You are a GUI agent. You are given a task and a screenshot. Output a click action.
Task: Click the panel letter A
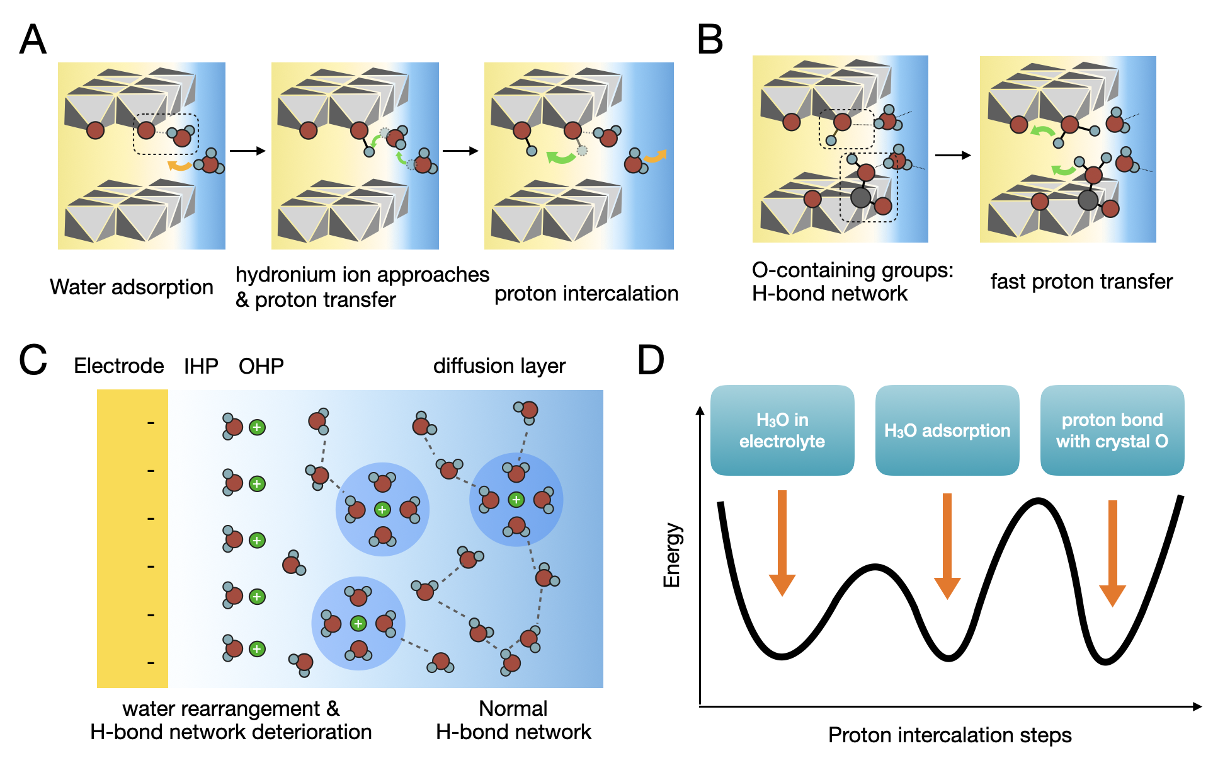[x=33, y=39]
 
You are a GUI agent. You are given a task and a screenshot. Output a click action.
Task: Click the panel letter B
[x=710, y=39]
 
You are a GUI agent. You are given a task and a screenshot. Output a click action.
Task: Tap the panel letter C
[x=33, y=360]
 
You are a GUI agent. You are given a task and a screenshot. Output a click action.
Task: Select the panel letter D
[x=651, y=360]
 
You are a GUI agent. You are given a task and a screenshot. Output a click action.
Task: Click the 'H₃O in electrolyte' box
[x=782, y=430]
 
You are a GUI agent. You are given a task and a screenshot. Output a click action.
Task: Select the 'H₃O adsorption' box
[x=947, y=430]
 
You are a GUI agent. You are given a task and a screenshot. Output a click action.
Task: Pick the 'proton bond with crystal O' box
[x=1112, y=430]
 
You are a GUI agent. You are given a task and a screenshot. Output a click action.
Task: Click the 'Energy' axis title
[x=672, y=555]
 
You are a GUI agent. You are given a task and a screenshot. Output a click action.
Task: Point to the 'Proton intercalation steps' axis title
[x=950, y=735]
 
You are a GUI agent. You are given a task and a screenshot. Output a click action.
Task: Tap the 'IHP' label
[x=201, y=366]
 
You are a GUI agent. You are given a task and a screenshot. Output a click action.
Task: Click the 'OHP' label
[x=261, y=366]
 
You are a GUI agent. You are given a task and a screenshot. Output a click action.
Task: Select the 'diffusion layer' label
[x=499, y=366]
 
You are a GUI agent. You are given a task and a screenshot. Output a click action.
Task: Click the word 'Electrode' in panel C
[x=119, y=366]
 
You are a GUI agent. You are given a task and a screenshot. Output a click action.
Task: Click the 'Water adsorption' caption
[x=132, y=287]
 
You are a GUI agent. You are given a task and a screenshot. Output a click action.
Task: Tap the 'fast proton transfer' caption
[x=1081, y=282]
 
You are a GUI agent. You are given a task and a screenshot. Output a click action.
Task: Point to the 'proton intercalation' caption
[x=586, y=294]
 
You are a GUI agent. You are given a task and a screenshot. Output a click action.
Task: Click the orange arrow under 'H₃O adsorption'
[x=947, y=546]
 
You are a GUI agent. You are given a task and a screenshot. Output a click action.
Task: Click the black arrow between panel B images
[x=954, y=155]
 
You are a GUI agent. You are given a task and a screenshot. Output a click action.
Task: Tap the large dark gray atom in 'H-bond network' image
[x=861, y=197]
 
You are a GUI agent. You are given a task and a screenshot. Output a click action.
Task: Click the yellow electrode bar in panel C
[x=132, y=539]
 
